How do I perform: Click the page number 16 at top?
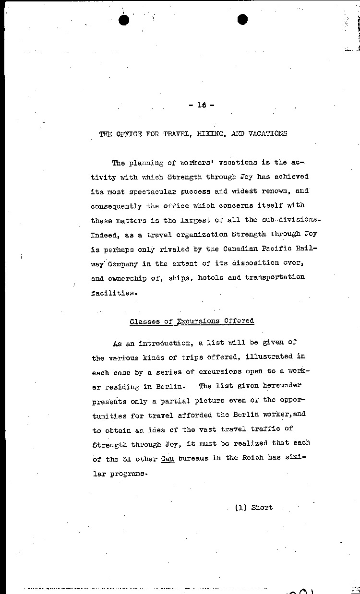click(201, 105)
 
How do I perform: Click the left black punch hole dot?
click(124, 20)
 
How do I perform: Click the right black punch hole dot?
click(242, 19)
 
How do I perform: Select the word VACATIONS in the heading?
click(268, 134)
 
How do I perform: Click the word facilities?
click(111, 293)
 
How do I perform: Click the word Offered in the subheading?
click(239, 321)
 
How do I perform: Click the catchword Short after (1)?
click(262, 507)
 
